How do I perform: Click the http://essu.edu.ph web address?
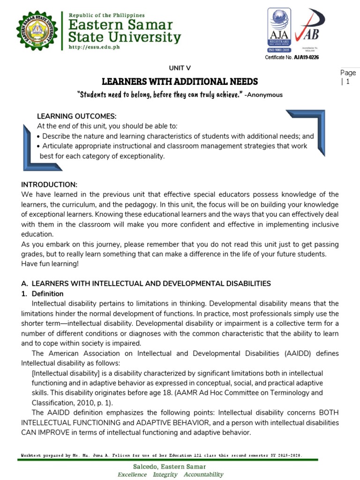pos(93,47)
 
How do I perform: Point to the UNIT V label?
pos(180,68)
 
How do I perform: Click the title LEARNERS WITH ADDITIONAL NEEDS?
pos(180,82)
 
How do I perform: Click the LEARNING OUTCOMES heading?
pos(76,116)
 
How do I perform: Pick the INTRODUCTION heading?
pos(49,184)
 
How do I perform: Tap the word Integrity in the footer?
pos(165,474)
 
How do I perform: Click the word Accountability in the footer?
pos(203,474)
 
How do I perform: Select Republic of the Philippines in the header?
pos(107,15)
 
